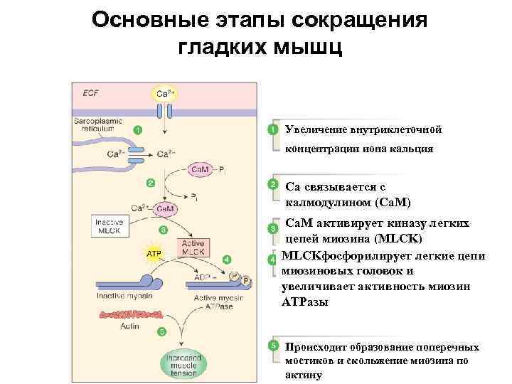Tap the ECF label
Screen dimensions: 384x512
[90, 92]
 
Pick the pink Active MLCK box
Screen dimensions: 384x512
[193, 247]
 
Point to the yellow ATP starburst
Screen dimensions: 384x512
[153, 252]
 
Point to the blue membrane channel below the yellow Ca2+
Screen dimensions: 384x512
[165, 112]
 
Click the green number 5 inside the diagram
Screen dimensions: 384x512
[162, 331]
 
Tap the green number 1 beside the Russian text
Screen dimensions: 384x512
[272, 130]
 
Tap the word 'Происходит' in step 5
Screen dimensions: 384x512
[318, 347]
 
